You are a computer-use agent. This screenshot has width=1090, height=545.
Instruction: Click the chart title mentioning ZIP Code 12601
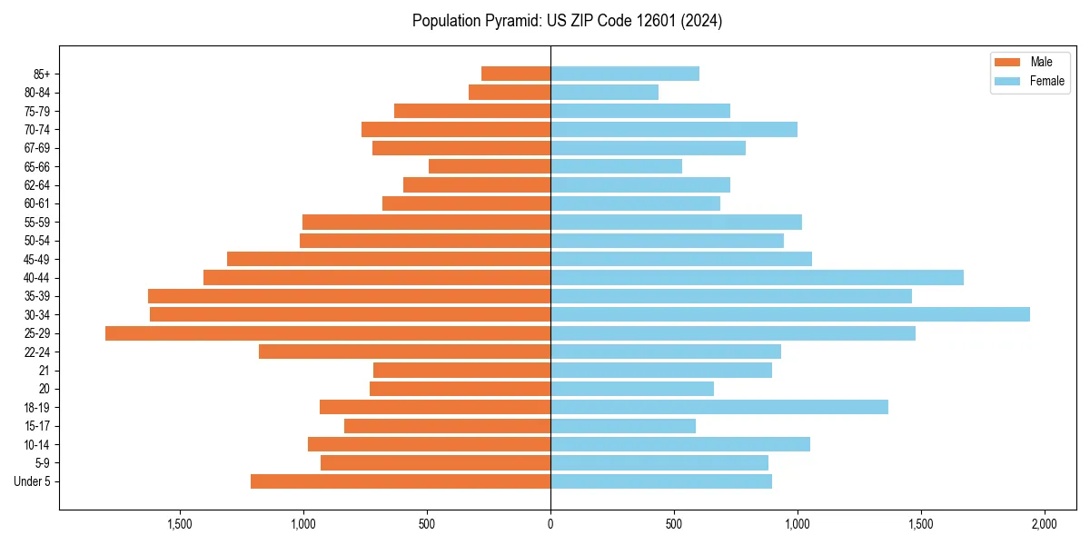(x=568, y=21)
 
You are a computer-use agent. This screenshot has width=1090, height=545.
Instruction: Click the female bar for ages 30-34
(x=789, y=314)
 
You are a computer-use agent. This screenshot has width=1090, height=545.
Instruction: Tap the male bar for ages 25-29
(x=328, y=333)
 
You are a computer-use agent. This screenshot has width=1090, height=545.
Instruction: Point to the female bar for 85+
(x=624, y=74)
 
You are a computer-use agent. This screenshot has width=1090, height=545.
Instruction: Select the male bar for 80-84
(x=510, y=92)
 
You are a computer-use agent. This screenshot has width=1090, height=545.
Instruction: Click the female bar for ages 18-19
(x=718, y=407)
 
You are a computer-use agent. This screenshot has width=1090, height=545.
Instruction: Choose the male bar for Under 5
(x=401, y=481)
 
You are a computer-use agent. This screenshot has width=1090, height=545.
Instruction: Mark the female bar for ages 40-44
(x=757, y=277)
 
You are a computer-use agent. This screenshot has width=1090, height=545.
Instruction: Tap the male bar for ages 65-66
(x=490, y=166)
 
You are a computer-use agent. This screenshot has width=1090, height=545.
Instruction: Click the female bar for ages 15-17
(x=623, y=426)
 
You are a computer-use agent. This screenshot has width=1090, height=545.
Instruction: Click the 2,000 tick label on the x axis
(x=1044, y=524)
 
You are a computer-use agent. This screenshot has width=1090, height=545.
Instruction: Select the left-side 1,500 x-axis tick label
(x=180, y=524)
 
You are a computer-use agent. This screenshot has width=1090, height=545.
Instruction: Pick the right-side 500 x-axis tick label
(x=673, y=524)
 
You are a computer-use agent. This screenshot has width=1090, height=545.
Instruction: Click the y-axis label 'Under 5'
(x=32, y=481)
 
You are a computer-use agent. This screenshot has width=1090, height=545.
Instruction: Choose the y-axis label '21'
(x=45, y=371)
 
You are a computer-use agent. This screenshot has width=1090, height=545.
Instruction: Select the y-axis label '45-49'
(x=36, y=259)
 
